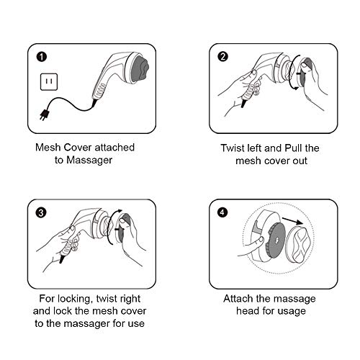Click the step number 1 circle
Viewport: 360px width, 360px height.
coord(42,57)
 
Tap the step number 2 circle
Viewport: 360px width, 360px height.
coord(222,57)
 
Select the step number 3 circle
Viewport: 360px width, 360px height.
coord(41,212)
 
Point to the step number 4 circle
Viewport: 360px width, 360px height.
coord(222,212)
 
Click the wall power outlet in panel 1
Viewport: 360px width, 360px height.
coord(49,82)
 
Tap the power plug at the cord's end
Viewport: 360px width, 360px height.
coord(45,114)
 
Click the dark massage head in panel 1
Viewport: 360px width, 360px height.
coord(140,68)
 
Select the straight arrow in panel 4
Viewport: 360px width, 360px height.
coord(292,221)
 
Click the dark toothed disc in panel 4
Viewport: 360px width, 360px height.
coord(276,240)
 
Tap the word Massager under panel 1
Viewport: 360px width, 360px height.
coord(89,161)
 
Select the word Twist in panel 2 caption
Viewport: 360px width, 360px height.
coord(233,148)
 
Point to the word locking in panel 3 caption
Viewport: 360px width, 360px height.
coord(75,299)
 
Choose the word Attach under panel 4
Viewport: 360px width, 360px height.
coord(238,299)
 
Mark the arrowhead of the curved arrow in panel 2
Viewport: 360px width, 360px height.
coord(296,89)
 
